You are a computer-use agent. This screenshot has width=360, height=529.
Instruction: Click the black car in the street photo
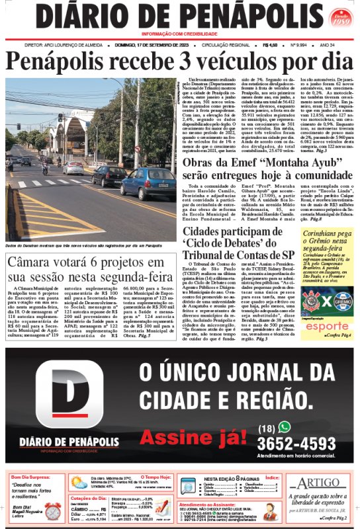click(x=109, y=175)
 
